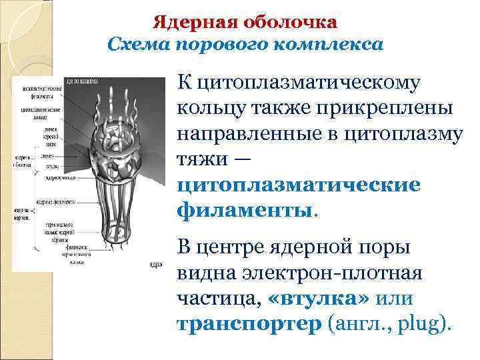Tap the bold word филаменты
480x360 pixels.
point(244,211)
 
